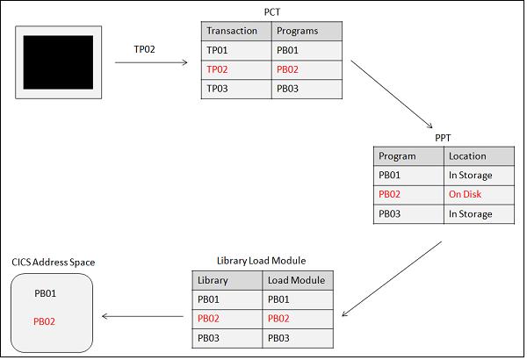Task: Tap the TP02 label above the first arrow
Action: coord(144,49)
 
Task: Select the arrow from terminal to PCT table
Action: coord(151,62)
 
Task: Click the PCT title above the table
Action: coord(271,12)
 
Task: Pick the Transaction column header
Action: coord(232,31)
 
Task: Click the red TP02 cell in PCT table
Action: coord(218,69)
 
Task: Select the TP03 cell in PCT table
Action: coord(218,89)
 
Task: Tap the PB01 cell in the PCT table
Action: coord(289,50)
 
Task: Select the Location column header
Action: coord(467,156)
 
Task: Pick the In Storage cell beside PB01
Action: coord(471,176)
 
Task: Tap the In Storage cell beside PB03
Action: coord(471,214)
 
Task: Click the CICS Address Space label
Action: coord(54,263)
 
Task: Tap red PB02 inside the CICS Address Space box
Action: coord(45,321)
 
